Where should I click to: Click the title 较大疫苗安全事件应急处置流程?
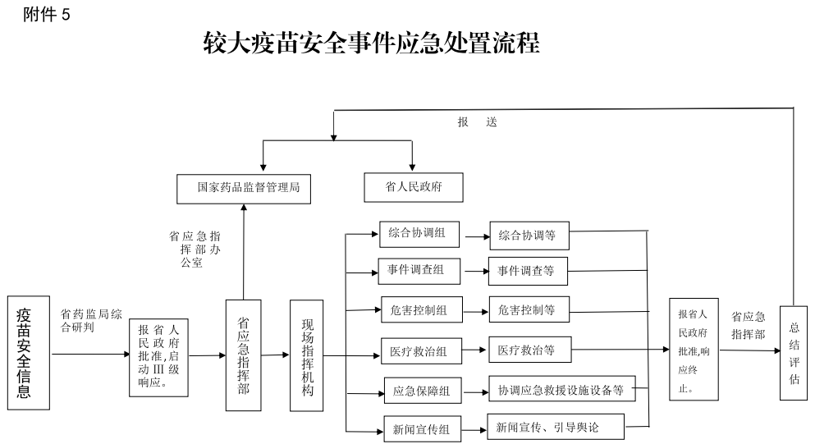pyautogui.click(x=371, y=43)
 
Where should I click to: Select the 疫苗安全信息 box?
pyautogui.click(x=25, y=353)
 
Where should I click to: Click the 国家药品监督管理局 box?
pyautogui.click(x=248, y=188)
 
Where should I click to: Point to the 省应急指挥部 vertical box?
pyautogui.click(x=243, y=355)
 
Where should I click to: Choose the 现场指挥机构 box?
pyautogui.click(x=307, y=355)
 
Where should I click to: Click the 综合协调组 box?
pyautogui.click(x=419, y=234)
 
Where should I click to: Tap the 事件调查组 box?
pyautogui.click(x=419, y=270)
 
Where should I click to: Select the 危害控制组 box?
pyautogui.click(x=421, y=310)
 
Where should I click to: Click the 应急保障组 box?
pyautogui.click(x=423, y=391)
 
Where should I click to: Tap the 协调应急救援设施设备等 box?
pyautogui.click(x=561, y=390)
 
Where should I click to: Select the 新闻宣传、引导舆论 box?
pyautogui.click(x=555, y=427)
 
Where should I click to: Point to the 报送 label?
pyautogui.click(x=478, y=122)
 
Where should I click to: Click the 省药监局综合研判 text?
pyautogui.click(x=91, y=320)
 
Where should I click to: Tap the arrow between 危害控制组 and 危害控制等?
pyautogui.click(x=475, y=311)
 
